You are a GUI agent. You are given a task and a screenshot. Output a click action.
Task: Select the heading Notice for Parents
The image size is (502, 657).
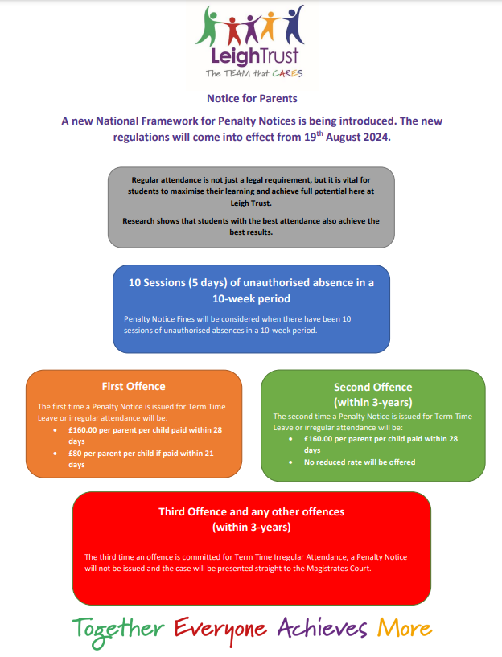pos(252,99)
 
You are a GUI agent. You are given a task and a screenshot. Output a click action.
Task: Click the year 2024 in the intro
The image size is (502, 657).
pos(373,138)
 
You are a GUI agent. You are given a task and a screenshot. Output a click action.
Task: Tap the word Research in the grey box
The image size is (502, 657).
pos(142,220)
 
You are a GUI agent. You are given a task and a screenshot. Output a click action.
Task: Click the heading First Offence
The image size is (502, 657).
pos(134,386)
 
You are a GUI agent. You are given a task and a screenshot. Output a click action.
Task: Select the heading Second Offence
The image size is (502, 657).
pos(372,387)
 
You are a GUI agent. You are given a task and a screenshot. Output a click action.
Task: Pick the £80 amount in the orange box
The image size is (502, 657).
pos(77,453)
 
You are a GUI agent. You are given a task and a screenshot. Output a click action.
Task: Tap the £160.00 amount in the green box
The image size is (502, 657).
pos(323,439)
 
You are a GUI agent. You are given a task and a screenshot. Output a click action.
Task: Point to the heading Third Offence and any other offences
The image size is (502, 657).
pos(251,511)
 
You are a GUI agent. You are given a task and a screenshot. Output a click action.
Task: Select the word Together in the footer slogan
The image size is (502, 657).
pos(120,628)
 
